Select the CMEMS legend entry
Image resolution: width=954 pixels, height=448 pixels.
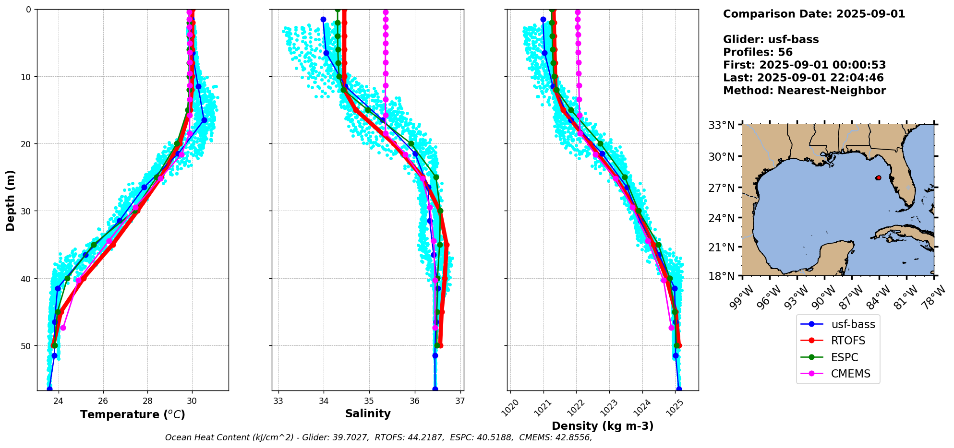[x=850, y=374]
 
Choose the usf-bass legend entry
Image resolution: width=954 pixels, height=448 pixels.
[x=853, y=324]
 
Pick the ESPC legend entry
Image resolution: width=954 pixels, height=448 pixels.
[x=845, y=357]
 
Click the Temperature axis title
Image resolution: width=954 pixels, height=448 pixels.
[x=133, y=414]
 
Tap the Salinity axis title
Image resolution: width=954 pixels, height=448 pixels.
[x=368, y=413]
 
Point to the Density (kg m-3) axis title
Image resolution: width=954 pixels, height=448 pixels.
[x=603, y=426]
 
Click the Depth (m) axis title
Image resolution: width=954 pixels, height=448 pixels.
[x=11, y=200]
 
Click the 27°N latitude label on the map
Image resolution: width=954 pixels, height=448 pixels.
[x=722, y=188]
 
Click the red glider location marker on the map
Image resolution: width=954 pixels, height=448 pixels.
[x=878, y=178]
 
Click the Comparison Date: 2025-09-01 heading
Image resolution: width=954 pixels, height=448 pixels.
[x=814, y=14]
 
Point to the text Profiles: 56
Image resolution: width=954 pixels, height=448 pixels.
[x=758, y=52]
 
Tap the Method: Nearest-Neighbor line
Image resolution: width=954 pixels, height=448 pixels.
[x=804, y=91]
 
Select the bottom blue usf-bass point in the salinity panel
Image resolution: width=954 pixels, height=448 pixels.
[x=435, y=389]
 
